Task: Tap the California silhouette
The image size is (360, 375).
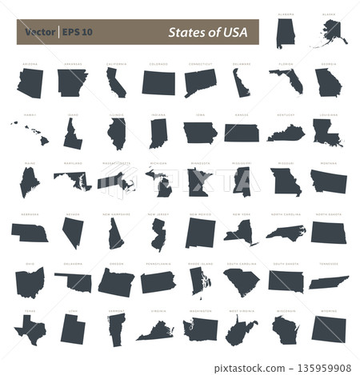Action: pos(115,82)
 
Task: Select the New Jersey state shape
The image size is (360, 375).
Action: pos(158,232)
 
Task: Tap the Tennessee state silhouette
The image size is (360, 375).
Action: pos(328,282)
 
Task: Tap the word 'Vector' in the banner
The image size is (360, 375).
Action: pos(39,33)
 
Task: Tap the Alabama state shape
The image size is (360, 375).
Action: pos(285,34)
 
